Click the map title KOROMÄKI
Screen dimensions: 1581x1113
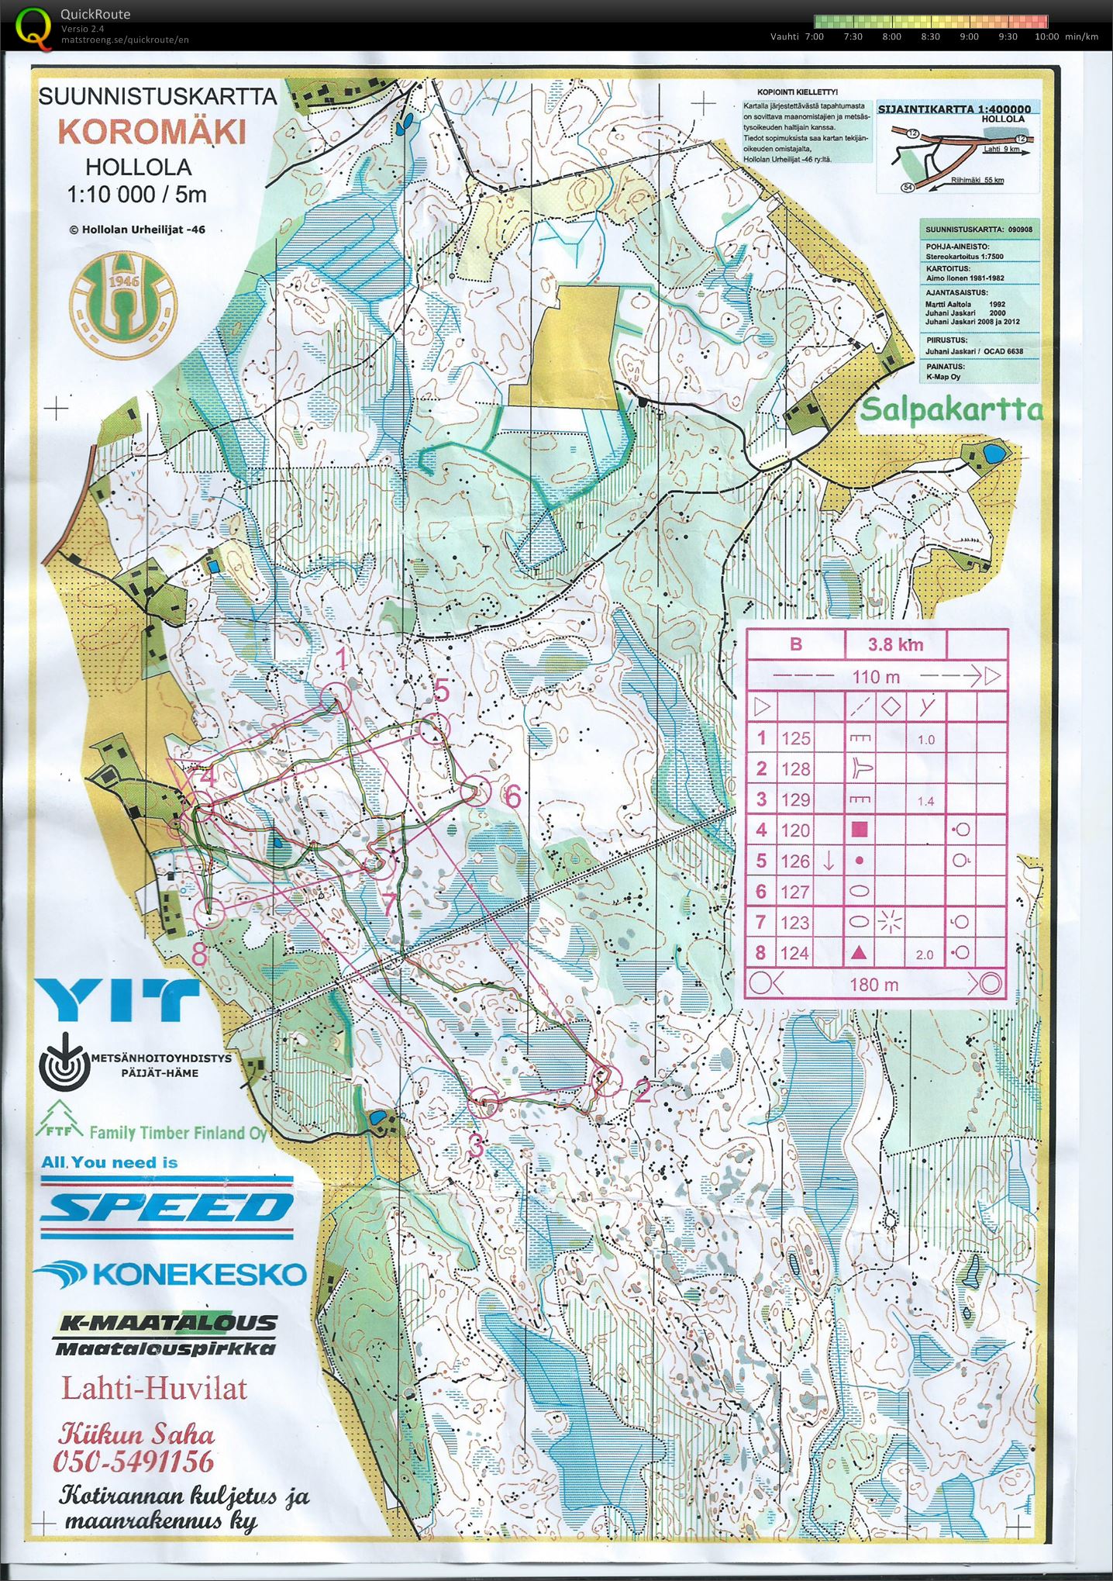(152, 131)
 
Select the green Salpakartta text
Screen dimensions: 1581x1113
(951, 409)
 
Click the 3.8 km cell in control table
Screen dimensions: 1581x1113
(895, 644)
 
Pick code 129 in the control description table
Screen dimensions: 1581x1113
(795, 799)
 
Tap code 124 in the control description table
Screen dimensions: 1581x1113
(795, 953)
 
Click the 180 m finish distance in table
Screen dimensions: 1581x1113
(874, 985)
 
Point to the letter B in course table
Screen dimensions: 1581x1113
(795, 644)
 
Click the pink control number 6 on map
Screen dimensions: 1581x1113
(512, 796)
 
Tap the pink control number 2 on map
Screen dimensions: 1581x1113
(642, 1092)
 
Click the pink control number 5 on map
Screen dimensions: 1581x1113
(441, 689)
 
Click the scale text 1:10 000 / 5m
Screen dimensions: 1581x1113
(137, 194)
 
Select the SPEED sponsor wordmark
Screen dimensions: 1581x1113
(167, 1208)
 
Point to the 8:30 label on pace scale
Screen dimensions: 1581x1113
(930, 36)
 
